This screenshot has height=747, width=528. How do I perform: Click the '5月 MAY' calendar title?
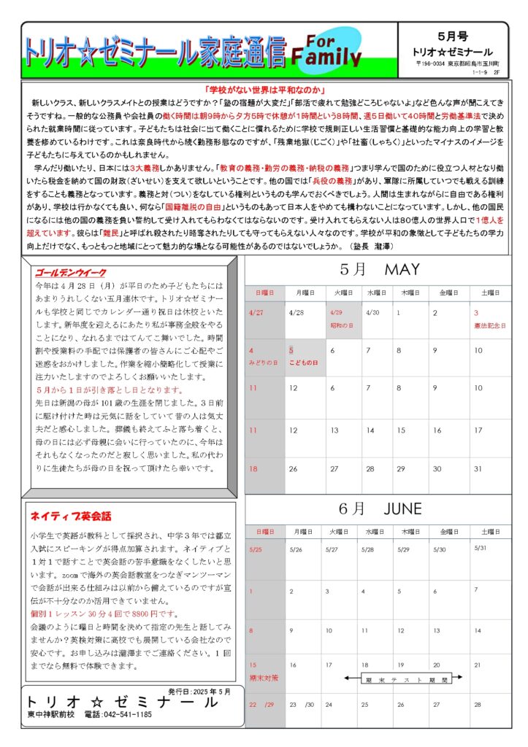tap(379, 270)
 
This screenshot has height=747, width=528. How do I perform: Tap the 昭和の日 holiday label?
tap(342, 325)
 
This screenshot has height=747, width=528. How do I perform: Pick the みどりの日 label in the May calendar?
tap(263, 363)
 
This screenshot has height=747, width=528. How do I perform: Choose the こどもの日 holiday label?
tap(303, 363)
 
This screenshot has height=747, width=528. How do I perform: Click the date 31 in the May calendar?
tap(478, 469)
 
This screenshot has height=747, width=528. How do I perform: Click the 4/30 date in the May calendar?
tap(372, 312)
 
